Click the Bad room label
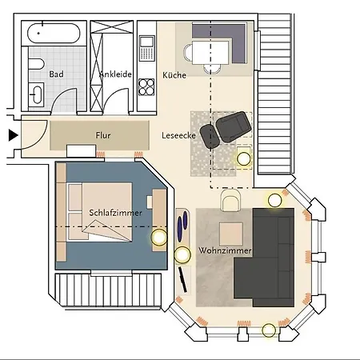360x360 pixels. [56, 74]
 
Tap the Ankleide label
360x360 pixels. [114, 74]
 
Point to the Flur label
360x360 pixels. [103, 135]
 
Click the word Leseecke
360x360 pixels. [178, 135]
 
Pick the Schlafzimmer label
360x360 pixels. [117, 213]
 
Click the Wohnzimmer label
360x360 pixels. [226, 250]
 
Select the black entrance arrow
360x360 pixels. [13, 135]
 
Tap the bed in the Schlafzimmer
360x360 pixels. [100, 212]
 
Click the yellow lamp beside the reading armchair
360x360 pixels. [242, 158]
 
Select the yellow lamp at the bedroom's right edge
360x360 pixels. [158, 237]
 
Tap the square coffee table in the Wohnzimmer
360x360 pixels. [232, 234]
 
